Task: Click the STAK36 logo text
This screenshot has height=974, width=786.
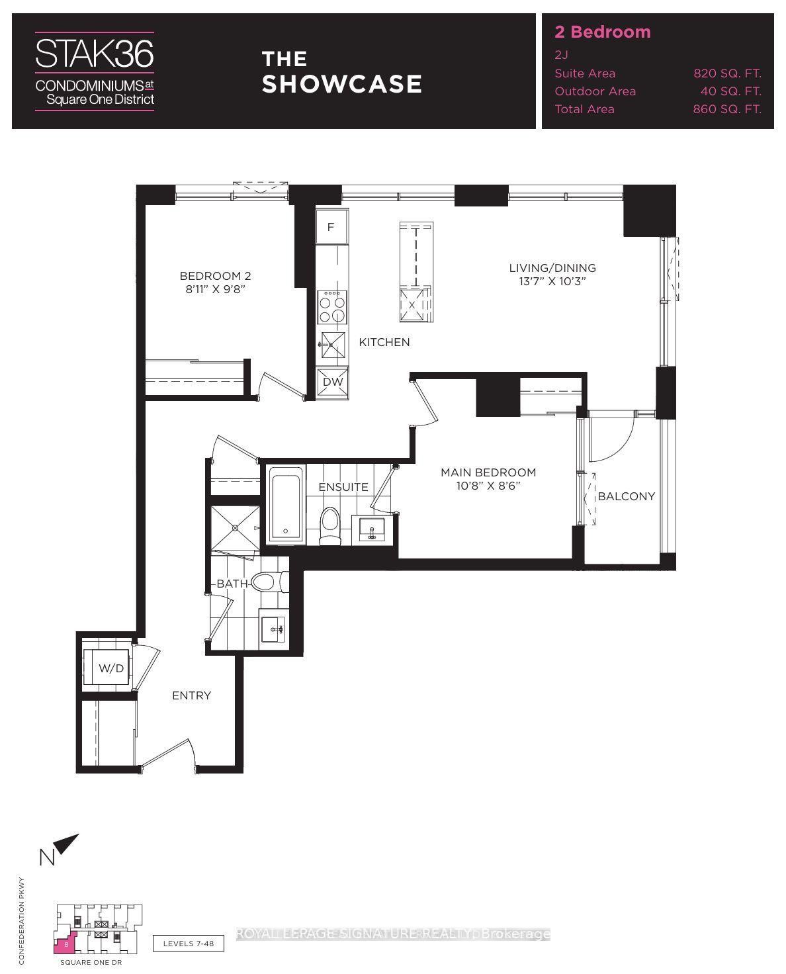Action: [x=94, y=53]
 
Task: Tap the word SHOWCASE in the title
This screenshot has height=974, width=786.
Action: [x=341, y=84]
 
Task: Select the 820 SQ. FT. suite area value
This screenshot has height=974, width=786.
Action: [x=726, y=73]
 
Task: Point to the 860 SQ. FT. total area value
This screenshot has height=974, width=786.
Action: [x=726, y=109]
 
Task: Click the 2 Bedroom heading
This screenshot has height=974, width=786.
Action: [x=602, y=32]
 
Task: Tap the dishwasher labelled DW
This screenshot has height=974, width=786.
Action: [x=333, y=382]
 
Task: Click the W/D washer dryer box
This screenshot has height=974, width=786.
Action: [x=110, y=668]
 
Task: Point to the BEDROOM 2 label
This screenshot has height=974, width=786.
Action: [x=215, y=276]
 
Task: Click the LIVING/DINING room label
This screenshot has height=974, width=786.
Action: [x=552, y=268]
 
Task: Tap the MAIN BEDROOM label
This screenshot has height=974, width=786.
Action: [x=488, y=472]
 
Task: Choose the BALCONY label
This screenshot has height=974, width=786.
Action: [x=626, y=496]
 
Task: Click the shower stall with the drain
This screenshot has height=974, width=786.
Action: [x=235, y=527]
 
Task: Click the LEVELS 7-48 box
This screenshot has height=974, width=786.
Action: [x=188, y=944]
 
